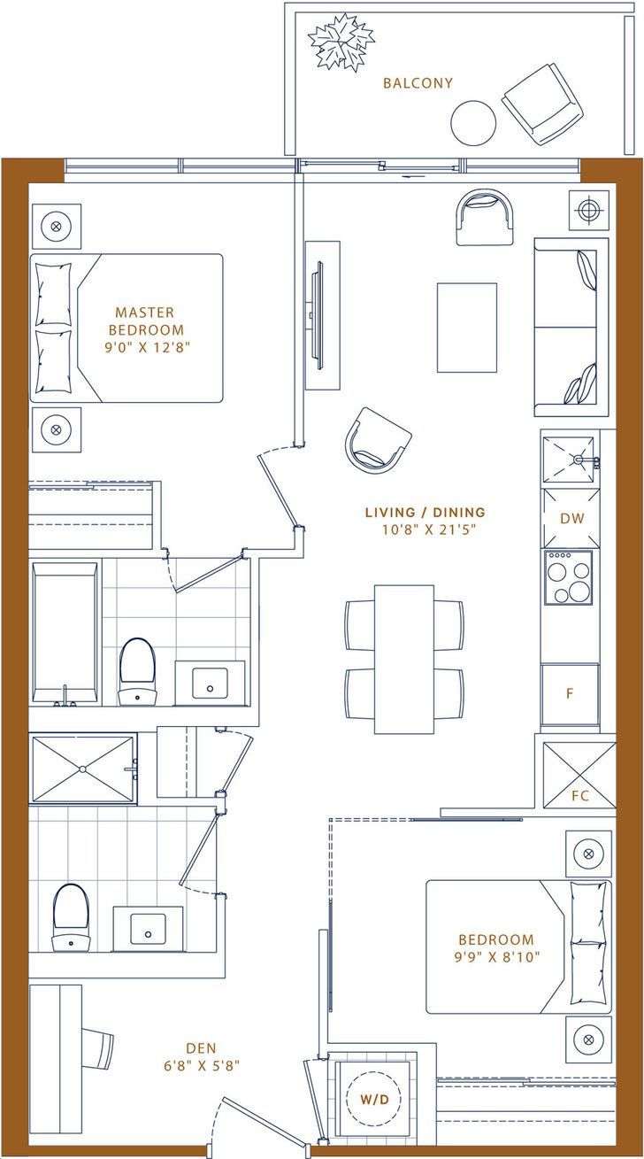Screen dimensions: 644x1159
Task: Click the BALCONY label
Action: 418,83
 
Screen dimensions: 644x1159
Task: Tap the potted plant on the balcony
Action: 341,41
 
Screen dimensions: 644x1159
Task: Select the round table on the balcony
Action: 473,123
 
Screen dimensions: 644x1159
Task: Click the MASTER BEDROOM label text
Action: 146,321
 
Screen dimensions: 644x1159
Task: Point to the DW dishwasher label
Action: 572,518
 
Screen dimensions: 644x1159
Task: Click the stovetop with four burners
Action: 568,577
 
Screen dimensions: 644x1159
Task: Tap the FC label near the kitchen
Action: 580,795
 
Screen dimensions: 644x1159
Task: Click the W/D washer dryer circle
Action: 374,1099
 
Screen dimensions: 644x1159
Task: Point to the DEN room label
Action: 201,1048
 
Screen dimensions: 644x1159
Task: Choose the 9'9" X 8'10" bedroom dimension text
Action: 496,957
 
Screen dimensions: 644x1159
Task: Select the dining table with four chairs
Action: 404,659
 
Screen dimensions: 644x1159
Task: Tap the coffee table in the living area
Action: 467,328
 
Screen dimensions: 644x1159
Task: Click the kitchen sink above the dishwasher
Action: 568,460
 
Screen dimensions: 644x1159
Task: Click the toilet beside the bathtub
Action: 137,672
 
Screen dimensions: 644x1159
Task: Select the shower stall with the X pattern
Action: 82,769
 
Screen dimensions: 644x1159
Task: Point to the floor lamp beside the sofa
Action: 586,210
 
